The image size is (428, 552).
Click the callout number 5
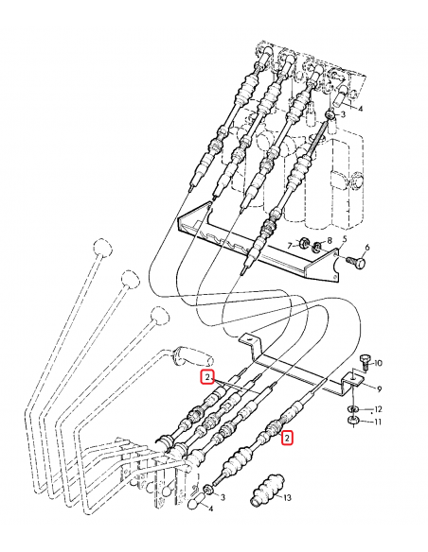pos(346,241)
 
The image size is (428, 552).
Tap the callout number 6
pos(368,249)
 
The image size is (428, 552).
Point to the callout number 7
pos(290,245)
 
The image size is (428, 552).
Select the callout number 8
pos(329,241)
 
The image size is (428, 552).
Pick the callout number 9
pos(378,388)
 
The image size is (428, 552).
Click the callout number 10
pos(378,363)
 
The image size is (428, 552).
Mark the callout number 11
pos(377,421)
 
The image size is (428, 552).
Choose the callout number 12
pos(377,408)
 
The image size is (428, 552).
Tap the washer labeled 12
pos(352,407)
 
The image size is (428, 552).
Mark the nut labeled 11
pos(352,420)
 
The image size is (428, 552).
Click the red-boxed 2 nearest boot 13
pos(288,437)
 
